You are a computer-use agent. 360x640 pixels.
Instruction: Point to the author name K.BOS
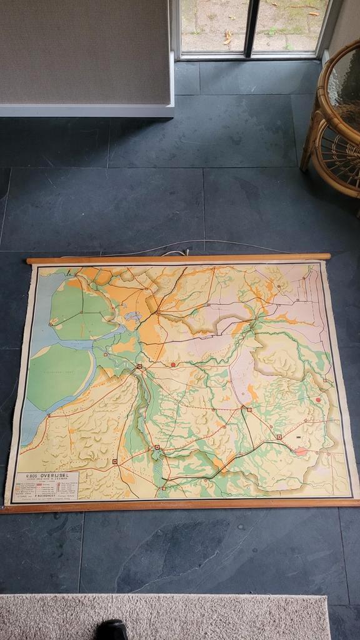31,476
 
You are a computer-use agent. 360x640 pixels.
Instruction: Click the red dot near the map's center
173,364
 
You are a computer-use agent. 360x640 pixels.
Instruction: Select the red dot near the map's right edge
318,399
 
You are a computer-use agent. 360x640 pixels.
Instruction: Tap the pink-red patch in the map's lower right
301,451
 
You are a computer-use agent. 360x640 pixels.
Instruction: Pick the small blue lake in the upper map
133,317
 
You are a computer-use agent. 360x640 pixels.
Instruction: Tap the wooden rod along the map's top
178,257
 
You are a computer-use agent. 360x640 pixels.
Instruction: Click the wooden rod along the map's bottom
181,504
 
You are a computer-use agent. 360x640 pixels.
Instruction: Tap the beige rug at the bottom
187,616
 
